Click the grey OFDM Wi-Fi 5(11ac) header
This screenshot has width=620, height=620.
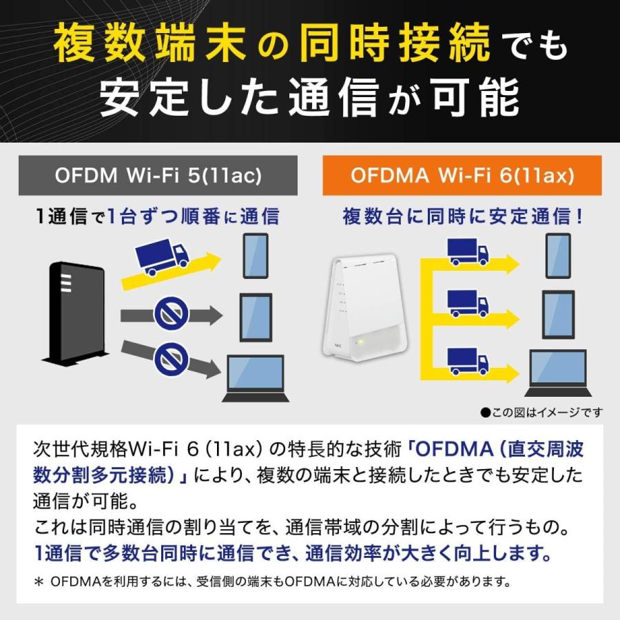[158, 176]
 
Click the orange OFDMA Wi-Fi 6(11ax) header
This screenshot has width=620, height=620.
[462, 176]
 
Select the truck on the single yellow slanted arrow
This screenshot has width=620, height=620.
[163, 256]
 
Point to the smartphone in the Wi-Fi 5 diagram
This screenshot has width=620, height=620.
[256, 256]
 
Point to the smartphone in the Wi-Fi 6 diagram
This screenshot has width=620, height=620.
[558, 256]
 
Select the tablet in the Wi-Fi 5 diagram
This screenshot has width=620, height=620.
[256, 317]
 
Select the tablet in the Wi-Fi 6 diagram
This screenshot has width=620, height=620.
[558, 314]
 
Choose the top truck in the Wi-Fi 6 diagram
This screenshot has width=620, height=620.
[468, 253]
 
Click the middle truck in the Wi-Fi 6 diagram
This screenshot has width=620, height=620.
[468, 304]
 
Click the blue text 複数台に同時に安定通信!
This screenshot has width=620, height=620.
[464, 216]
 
